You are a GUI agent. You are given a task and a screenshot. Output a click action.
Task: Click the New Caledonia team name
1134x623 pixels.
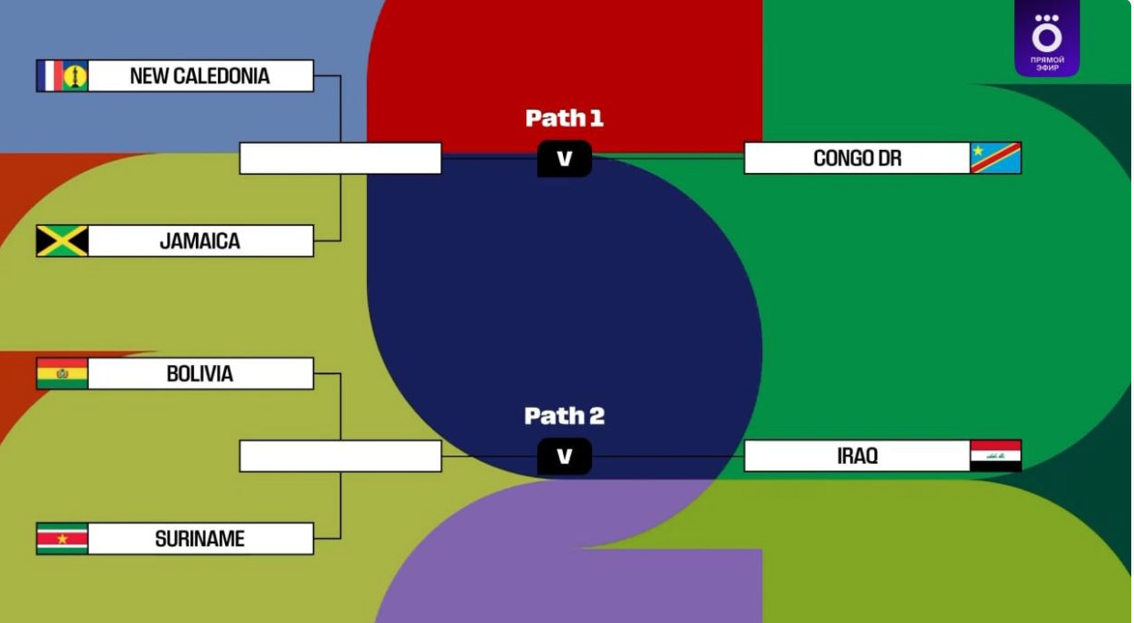200,76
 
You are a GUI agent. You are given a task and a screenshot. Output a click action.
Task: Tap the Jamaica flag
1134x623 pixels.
62,242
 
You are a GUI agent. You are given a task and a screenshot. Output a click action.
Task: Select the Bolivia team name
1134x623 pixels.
200,374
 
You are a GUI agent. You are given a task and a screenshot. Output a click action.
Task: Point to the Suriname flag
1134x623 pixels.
62,539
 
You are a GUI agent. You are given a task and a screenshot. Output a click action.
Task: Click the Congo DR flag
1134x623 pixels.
996,158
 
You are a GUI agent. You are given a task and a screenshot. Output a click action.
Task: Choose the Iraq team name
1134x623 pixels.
857,456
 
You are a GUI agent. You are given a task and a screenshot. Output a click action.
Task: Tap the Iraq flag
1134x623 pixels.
996,456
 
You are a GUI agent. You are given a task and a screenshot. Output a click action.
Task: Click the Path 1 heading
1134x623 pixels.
565,118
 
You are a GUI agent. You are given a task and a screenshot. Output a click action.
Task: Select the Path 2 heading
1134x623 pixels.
565,416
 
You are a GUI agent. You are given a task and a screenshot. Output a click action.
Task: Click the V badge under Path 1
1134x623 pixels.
565,159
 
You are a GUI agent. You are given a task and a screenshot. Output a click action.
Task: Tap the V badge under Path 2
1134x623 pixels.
565,457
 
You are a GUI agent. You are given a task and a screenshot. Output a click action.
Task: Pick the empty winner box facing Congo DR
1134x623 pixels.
340,158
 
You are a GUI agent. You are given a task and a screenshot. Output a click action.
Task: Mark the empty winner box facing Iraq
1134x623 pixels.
340,456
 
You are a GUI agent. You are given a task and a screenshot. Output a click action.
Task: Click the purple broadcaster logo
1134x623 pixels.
1046,38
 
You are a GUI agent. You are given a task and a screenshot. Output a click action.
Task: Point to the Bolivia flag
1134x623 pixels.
62,374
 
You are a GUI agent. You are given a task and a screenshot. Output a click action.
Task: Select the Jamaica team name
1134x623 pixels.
200,242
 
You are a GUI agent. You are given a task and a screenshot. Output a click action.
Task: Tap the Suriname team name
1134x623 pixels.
200,539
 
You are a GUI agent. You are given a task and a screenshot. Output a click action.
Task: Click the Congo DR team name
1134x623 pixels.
857,158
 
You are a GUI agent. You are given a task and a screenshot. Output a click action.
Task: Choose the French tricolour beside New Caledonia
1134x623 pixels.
49,76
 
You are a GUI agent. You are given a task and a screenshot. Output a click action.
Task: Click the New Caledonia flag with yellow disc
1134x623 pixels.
75,76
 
